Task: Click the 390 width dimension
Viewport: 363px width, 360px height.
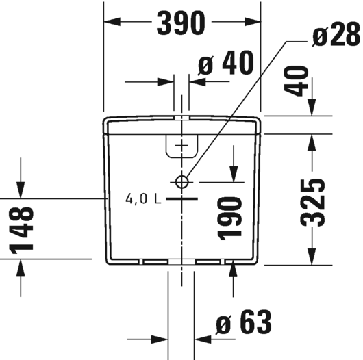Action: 181,23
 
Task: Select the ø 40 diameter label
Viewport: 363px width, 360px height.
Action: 226,63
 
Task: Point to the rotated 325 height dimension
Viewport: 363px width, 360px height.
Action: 312,203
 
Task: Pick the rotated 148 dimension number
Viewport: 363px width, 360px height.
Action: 21,230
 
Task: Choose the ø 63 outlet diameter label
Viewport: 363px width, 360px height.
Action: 244,322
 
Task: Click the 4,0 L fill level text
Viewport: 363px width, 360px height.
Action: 143,198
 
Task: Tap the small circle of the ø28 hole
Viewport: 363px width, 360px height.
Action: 181,182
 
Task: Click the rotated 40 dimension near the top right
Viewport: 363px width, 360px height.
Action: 296,81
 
